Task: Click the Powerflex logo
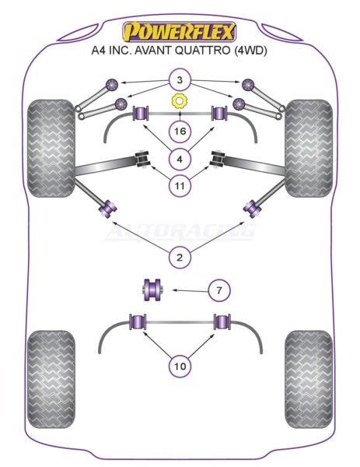(180, 32)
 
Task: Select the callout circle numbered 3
(180, 80)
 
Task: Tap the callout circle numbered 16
(180, 132)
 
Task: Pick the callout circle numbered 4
(180, 160)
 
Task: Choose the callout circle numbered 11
(180, 186)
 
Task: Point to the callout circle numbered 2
(180, 258)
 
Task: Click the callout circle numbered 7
(219, 290)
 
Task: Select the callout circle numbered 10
(180, 366)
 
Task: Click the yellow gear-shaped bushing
(179, 101)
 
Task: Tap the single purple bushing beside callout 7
(152, 290)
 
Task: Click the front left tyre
(51, 148)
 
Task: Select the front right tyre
(308, 148)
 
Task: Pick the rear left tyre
(51, 380)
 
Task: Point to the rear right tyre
(309, 380)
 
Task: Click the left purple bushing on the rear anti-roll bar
(138, 322)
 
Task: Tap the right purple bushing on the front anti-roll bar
(219, 113)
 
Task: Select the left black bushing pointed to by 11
(142, 159)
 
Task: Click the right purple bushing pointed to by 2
(252, 208)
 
